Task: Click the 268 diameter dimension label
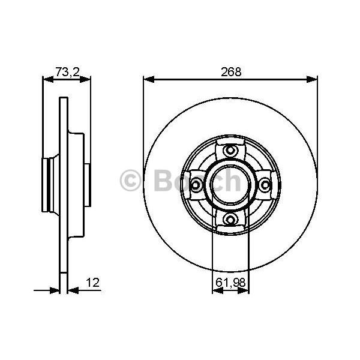tap(231, 72)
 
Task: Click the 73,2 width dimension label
tap(67, 72)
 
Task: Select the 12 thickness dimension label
tap(93, 283)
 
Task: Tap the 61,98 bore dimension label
tap(230, 283)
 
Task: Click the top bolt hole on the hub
tap(230, 151)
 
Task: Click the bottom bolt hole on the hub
tap(230, 219)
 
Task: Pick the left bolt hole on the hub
tap(196, 185)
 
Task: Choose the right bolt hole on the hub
tap(265, 185)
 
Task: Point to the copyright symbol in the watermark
tap(130, 181)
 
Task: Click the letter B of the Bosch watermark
tap(163, 181)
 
